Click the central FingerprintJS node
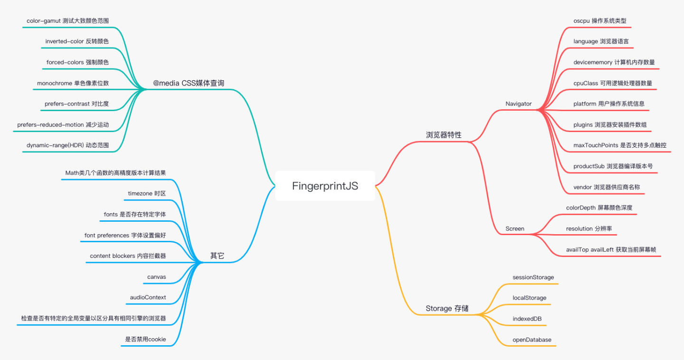325,186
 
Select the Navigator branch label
518,104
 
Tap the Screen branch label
514,228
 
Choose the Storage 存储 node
446,309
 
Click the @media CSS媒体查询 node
188,83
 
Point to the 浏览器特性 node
443,135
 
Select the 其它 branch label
217,256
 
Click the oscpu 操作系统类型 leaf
599,21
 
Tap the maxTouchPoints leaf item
615,145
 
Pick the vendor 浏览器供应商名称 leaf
606,187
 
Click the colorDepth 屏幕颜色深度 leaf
599,208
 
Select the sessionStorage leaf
533,277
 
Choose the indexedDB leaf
527,319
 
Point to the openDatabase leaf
532,340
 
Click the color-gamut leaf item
67,21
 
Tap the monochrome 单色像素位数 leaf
73,83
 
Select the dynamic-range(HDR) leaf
67,145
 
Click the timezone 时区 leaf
147,193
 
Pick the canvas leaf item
156,277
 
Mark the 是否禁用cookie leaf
145,339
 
